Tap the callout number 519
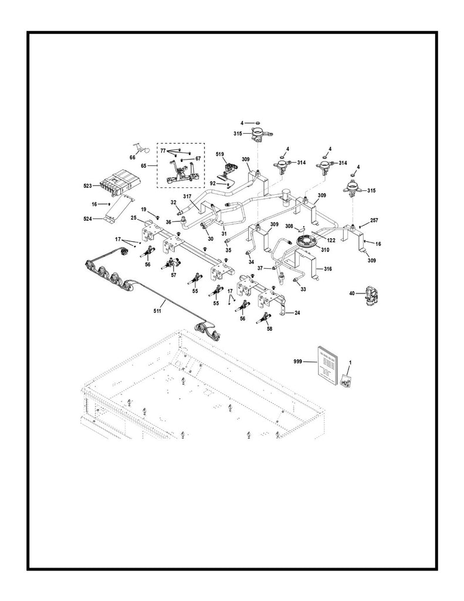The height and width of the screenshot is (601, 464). coord(219,155)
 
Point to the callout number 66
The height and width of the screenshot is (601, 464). coord(133,157)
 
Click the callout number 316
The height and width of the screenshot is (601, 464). coord(328,268)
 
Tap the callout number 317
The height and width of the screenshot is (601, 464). coord(188,196)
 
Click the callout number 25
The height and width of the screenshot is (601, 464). coord(134,218)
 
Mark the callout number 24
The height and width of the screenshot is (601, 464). coord(297,313)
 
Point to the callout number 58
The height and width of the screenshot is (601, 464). coord(269,330)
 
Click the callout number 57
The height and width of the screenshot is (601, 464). coord(174,274)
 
